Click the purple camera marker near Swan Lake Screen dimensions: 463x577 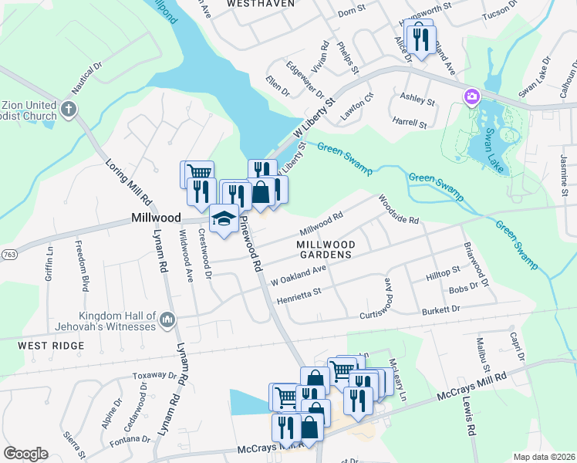(x=471, y=96)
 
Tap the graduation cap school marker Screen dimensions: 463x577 (x=223, y=218)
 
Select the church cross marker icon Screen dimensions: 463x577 (x=69, y=109)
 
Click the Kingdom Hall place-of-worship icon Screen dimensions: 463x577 (x=167, y=319)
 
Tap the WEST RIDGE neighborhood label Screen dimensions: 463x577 (x=52, y=346)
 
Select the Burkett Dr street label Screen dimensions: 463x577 (x=440, y=309)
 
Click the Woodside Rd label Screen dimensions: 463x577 (x=398, y=209)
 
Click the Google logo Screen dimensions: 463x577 (x=25, y=454)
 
